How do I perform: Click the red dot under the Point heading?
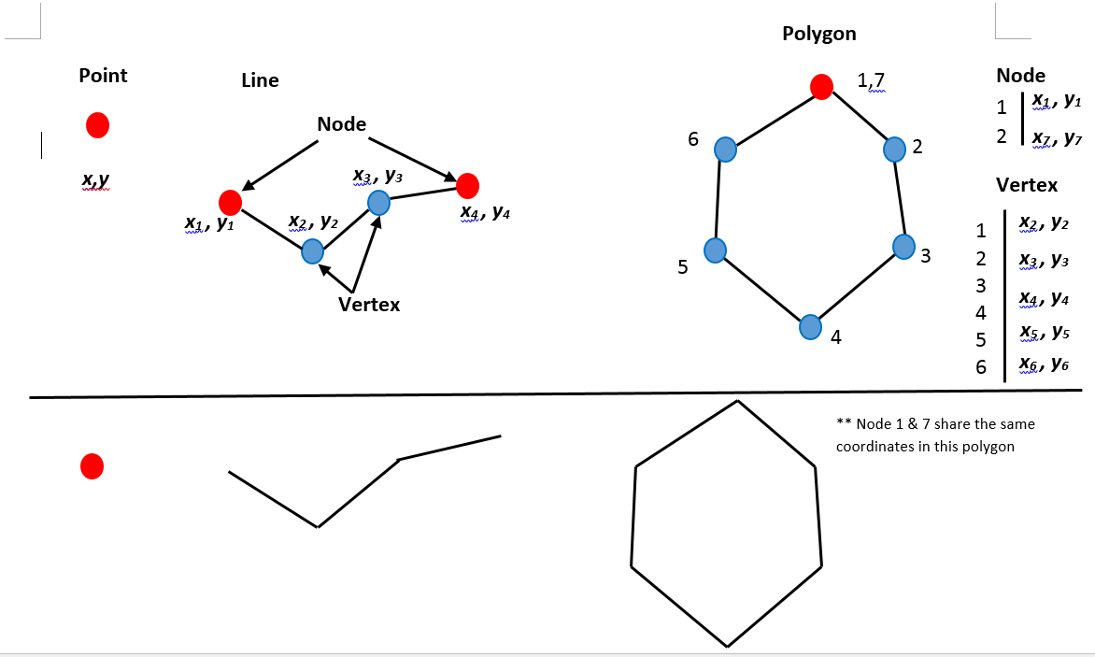97,124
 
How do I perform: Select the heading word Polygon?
818,34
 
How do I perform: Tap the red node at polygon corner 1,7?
821,87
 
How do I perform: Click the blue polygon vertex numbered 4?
810,327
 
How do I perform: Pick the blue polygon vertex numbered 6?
725,149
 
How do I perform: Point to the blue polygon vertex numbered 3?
903,246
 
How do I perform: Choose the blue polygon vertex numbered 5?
715,250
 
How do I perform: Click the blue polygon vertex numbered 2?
894,149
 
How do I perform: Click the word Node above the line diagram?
341,124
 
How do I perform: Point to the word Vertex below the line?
369,304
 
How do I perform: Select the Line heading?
260,80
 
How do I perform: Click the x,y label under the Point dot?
95,179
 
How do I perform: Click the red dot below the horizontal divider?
92,466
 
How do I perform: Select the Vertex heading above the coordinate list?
1027,184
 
